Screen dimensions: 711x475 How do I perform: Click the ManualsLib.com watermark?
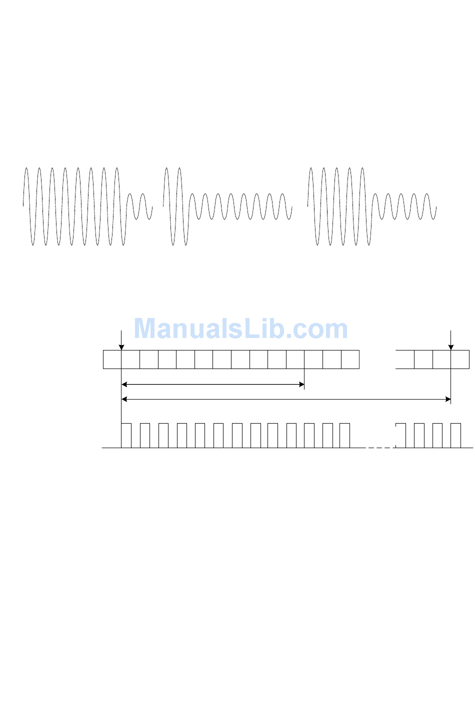point(240,329)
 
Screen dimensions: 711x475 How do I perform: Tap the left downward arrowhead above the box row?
point(121,347)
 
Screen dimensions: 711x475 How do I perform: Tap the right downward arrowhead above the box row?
point(450,347)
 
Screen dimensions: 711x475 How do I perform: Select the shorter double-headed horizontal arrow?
point(212,385)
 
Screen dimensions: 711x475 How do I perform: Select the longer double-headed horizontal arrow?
point(286,399)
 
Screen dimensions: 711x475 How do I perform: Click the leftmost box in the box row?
point(112,360)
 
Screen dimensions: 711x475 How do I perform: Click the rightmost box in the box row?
point(460,360)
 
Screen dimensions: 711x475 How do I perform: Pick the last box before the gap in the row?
point(350,360)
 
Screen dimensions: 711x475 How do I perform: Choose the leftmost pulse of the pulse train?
point(126,435)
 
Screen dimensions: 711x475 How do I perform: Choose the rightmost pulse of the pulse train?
point(455,435)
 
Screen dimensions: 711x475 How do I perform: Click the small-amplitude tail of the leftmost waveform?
point(139,206)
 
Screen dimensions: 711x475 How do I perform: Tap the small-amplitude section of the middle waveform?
point(240,206)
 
